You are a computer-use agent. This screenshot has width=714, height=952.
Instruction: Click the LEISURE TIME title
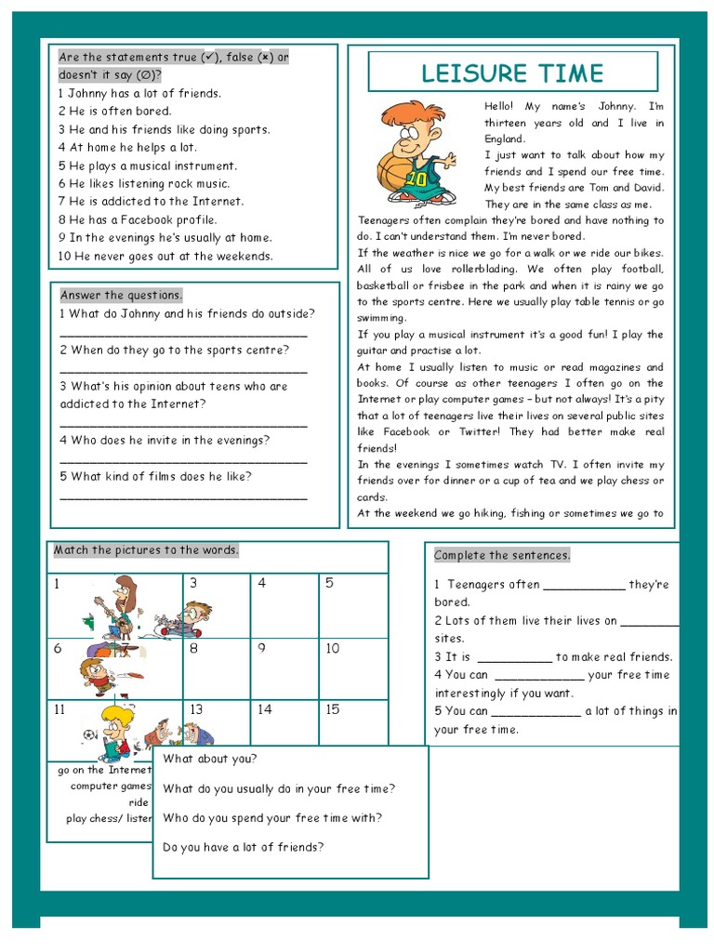click(512, 73)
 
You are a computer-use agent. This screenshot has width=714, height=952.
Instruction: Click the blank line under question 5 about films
click(183, 497)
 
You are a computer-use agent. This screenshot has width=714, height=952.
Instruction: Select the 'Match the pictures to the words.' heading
click(146, 550)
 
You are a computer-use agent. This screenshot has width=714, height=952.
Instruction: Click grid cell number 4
click(284, 605)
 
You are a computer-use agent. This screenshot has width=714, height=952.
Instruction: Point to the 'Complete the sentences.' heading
click(502, 555)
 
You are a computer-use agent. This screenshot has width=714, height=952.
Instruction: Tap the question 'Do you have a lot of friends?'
click(244, 847)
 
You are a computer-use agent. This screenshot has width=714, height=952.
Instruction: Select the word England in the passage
click(505, 139)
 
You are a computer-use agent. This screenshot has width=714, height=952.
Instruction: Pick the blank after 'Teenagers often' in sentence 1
click(583, 586)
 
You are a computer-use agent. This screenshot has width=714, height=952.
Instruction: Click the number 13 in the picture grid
click(196, 709)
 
